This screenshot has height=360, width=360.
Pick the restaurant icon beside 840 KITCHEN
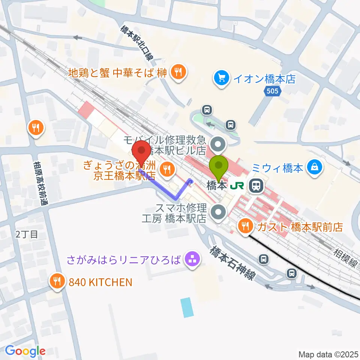point(57,282)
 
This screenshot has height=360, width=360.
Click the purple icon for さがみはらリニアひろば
point(192,260)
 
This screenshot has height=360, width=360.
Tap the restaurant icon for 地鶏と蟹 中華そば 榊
point(177,72)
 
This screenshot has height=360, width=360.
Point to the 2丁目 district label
point(27,235)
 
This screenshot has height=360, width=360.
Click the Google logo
point(25,351)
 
